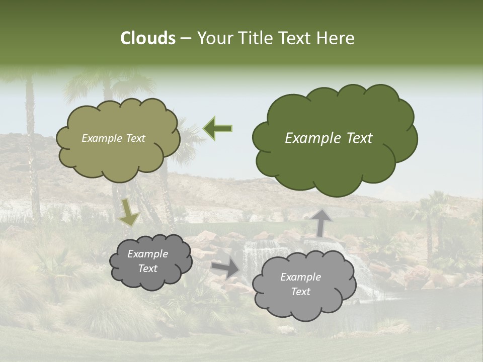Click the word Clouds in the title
pos(148,38)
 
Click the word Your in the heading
pos(214,38)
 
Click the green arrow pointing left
pos(218,128)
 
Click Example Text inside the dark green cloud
pos(329,138)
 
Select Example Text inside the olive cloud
pos(113,138)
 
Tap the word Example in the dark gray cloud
pos(147,254)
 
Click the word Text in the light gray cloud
pos(301,292)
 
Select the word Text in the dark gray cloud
pos(147,268)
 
